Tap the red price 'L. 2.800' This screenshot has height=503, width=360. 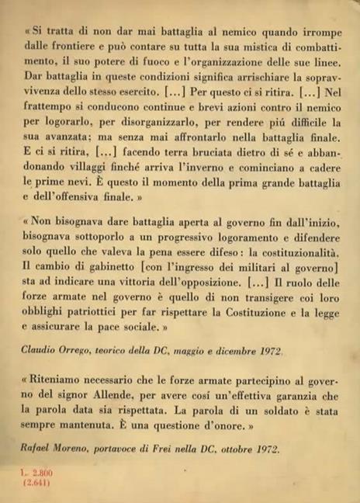tap(36, 472)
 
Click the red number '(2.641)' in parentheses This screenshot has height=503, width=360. tap(37, 481)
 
